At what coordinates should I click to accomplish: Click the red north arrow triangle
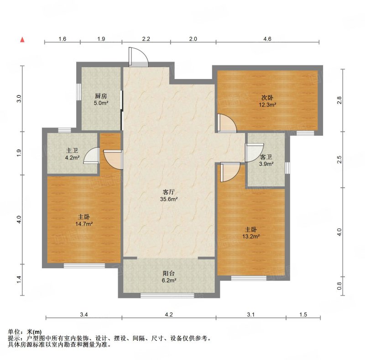22,40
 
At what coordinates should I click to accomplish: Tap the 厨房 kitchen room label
101,96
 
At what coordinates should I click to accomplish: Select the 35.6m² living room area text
169,199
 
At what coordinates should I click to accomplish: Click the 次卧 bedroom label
267,97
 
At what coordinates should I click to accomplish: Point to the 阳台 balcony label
169,274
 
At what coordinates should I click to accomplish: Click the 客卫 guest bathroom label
266,157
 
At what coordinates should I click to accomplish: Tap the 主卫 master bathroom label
72,151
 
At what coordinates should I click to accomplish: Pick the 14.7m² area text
84,224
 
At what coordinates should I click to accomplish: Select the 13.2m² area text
251,237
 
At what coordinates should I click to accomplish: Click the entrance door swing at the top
139,57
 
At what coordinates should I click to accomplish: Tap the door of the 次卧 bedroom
227,123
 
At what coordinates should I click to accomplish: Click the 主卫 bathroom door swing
91,156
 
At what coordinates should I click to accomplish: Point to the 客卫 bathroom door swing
254,153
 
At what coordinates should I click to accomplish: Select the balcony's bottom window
167,296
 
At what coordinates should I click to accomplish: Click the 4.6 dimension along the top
267,39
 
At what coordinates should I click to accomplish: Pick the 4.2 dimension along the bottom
169,314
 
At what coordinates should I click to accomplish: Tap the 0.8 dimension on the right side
339,286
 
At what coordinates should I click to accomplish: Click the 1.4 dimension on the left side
19,280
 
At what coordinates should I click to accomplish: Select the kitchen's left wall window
79,92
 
